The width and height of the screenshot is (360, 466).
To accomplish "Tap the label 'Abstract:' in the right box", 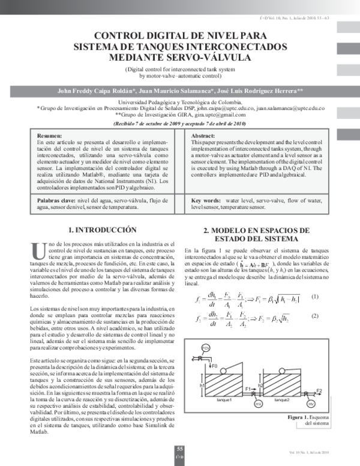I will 203,136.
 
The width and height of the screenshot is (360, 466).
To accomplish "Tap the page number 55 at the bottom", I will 179,449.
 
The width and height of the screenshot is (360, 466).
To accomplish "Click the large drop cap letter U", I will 38,252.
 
